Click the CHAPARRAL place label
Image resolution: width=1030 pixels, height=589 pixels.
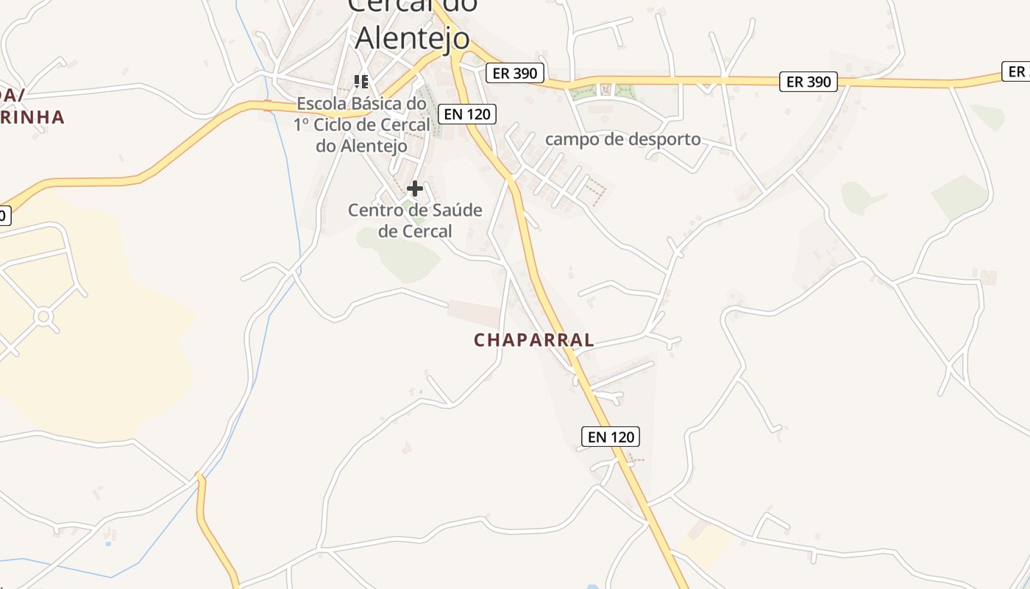click(x=534, y=340)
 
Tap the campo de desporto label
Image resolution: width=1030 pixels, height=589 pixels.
click(x=622, y=139)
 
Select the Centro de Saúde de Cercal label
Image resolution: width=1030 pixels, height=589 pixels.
click(x=415, y=220)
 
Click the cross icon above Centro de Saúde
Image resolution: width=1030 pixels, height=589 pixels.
click(x=415, y=189)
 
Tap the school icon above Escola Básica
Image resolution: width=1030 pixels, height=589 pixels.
click(x=361, y=81)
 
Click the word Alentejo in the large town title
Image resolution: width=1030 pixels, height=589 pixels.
click(x=411, y=38)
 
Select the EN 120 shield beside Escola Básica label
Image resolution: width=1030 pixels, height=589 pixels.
click(x=466, y=114)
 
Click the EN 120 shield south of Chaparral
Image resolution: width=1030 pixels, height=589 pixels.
click(x=611, y=437)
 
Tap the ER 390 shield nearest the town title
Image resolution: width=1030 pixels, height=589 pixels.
click(x=515, y=73)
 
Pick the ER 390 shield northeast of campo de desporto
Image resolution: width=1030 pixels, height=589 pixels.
click(x=809, y=82)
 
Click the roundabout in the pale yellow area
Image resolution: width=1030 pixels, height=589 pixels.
click(x=43, y=317)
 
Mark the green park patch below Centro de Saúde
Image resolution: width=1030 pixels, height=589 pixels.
click(x=401, y=255)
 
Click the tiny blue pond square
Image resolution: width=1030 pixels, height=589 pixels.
click(x=108, y=543)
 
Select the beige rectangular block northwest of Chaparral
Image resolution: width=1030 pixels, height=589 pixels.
click(x=473, y=313)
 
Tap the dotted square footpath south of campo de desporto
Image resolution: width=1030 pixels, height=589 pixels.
click(x=594, y=191)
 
